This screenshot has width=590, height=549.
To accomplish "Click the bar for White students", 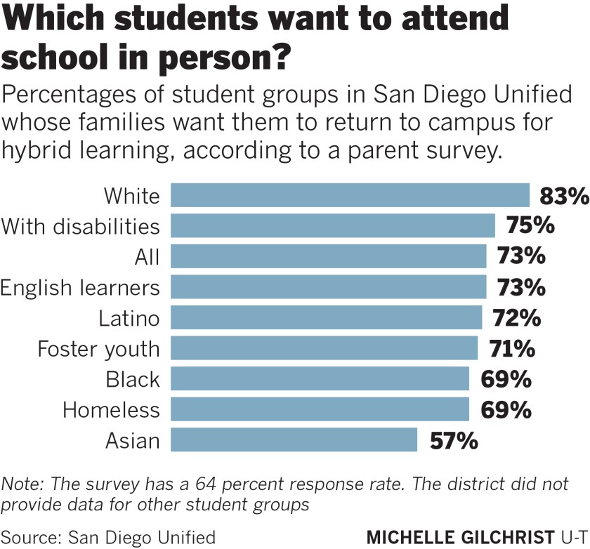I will point(350,195).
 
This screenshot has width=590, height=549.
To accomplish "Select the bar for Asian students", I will point(294,440).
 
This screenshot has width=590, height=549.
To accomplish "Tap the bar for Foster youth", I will point(324,348).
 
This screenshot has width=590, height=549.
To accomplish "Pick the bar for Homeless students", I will point(320,409).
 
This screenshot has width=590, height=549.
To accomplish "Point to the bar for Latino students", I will point(326,318).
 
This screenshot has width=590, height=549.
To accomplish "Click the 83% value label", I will point(563,196).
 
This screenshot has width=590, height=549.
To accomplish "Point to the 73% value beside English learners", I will point(520,287).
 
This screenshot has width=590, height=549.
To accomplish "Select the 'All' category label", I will point(147,257).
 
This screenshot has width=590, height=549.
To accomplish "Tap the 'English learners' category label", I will point(80,287).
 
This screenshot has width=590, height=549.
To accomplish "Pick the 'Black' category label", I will point(133,379).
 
